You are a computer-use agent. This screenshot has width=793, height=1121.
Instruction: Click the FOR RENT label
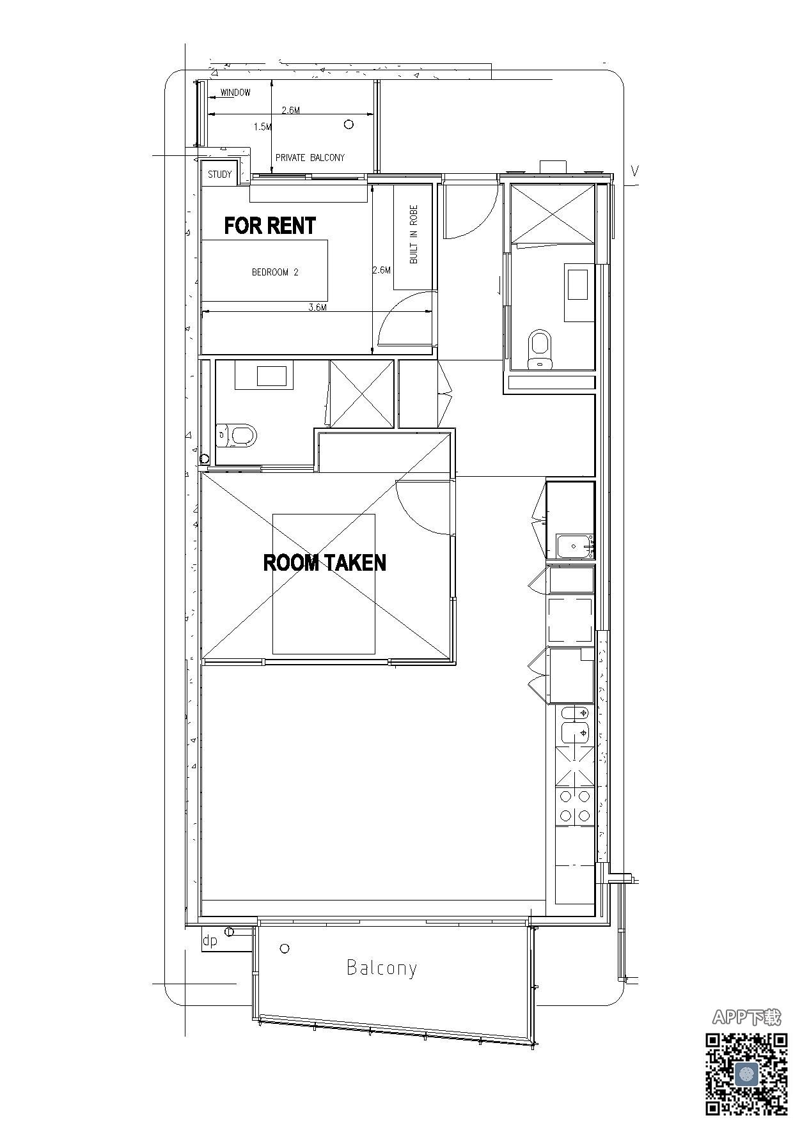pyautogui.click(x=270, y=226)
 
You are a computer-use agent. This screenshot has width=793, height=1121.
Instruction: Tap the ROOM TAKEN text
pyautogui.click(x=325, y=562)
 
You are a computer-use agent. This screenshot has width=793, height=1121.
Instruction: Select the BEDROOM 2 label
pyautogui.click(x=275, y=272)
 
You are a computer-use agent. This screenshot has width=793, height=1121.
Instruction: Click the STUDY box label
pyautogui.click(x=220, y=174)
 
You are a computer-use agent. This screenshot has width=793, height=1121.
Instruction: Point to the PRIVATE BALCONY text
pyautogui.click(x=310, y=157)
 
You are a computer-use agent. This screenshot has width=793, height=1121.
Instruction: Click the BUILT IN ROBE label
pyautogui.click(x=414, y=234)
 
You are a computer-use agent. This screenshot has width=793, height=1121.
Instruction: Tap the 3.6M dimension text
pyautogui.click(x=318, y=307)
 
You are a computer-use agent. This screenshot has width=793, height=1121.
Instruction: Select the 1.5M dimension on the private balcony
pyautogui.click(x=262, y=127)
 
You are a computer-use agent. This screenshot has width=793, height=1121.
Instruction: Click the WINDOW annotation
pyautogui.click(x=235, y=93)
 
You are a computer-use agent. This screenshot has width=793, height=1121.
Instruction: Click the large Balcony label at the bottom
pyautogui.click(x=382, y=968)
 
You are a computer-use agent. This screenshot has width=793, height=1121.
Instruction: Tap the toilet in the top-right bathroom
pyautogui.click(x=540, y=350)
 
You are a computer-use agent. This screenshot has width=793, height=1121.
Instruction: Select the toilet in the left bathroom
pyautogui.click(x=237, y=436)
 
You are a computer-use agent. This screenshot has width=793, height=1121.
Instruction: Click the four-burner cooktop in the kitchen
pyautogui.click(x=574, y=806)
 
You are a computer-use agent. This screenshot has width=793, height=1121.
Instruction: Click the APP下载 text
pyautogui.click(x=746, y=1017)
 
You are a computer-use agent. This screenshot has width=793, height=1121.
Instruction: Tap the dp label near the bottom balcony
pyautogui.click(x=210, y=941)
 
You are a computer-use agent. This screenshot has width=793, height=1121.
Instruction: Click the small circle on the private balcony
pyautogui.click(x=349, y=124)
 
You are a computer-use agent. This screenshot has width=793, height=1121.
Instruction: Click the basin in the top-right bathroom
pyautogui.click(x=579, y=284)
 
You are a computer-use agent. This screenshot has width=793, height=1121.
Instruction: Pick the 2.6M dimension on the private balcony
pyautogui.click(x=291, y=110)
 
